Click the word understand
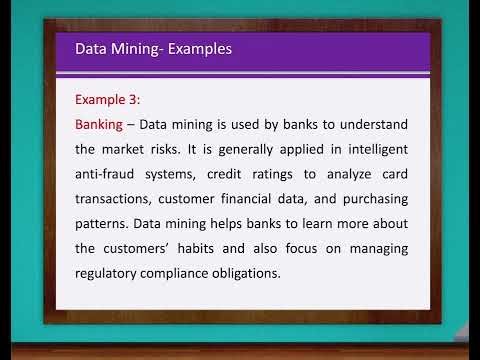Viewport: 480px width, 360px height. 370,125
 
